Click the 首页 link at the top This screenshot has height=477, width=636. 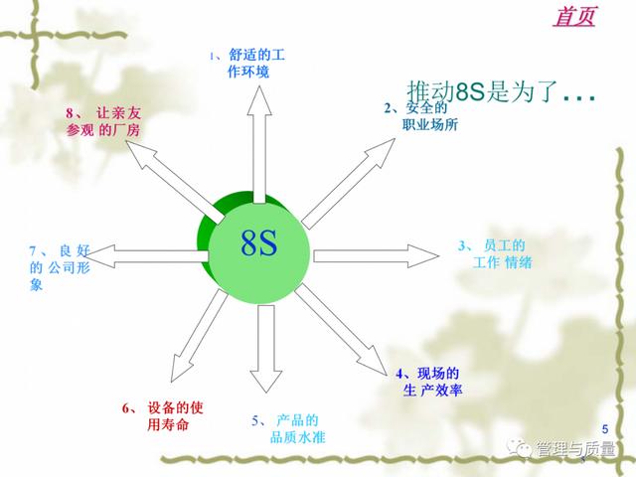click(x=574, y=16)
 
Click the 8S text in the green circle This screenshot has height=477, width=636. click(x=259, y=242)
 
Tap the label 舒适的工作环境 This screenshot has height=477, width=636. click(x=247, y=64)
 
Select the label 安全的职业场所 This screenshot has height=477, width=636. click(x=421, y=115)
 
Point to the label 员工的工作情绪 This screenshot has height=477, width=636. click(x=495, y=254)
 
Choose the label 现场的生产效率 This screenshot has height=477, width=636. click(x=428, y=382)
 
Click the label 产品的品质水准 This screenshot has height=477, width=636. click(x=288, y=428)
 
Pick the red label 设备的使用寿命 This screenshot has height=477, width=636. click(x=163, y=416)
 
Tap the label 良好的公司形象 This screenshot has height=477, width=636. click(x=60, y=267)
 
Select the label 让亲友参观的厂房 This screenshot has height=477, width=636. click(x=103, y=121)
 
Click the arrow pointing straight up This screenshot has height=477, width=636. click(x=259, y=144)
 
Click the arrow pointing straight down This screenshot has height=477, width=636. click(x=266, y=349)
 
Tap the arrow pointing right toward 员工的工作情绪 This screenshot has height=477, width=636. click(x=376, y=256)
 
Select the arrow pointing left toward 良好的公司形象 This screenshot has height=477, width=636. click(x=146, y=256)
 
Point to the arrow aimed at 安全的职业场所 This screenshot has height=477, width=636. click(x=348, y=184)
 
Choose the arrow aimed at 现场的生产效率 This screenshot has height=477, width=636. click(x=341, y=329)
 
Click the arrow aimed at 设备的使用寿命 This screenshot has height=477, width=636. click(x=199, y=336)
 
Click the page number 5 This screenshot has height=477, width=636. click(x=605, y=428)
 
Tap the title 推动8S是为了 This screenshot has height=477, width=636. click(x=501, y=91)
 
